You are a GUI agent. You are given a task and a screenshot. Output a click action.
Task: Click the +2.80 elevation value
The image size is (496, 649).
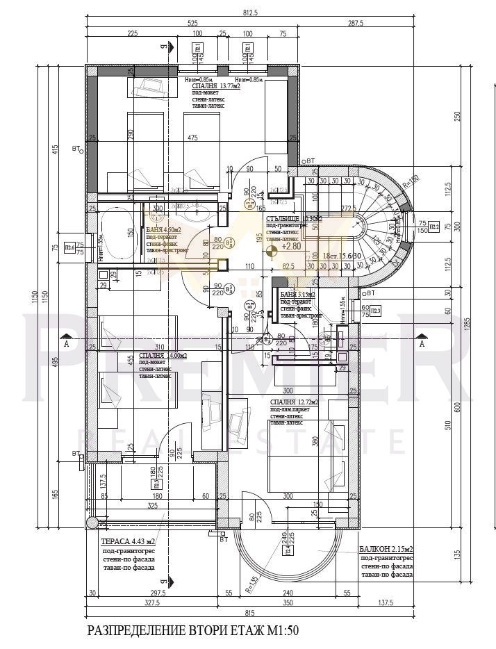(x=291, y=246)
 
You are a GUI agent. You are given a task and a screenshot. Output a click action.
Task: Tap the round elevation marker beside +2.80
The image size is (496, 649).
(x=274, y=247)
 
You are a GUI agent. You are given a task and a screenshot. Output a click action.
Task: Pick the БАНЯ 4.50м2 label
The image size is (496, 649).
(x=164, y=229)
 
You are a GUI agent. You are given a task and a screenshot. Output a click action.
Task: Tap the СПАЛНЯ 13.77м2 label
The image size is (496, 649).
(x=212, y=86)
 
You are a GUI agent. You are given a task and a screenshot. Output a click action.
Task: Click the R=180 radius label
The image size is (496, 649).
(x=413, y=180)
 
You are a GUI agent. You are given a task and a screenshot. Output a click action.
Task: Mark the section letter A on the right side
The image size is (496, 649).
(x=422, y=343)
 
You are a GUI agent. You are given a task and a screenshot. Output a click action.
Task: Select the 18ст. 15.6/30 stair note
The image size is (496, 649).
(x=341, y=256)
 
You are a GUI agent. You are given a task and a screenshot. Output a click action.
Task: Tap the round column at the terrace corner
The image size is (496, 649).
(x=90, y=523)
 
